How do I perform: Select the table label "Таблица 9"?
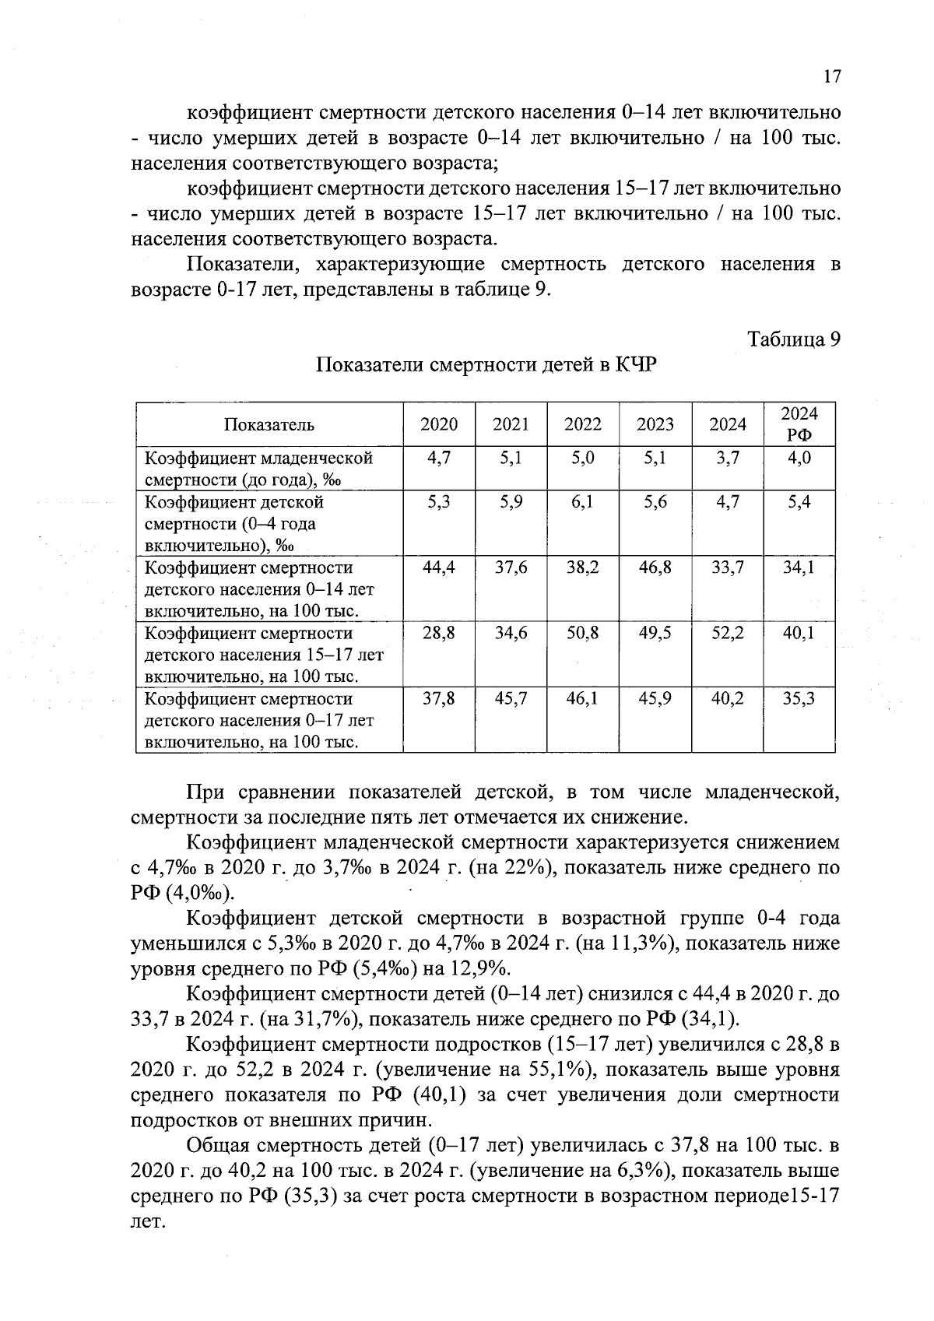point(794,339)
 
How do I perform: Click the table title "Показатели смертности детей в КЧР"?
point(486,365)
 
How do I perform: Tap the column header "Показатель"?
point(269,424)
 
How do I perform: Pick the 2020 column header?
point(439,424)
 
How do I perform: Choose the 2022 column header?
point(583,424)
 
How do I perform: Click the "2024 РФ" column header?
point(799,424)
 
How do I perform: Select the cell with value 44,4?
point(439,568)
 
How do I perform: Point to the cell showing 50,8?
point(583,634)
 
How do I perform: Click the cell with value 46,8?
point(655,568)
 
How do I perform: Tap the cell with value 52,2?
point(728,634)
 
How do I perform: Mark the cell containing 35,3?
point(799,699)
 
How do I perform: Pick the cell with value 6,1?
point(583,502)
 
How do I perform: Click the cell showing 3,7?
point(728,458)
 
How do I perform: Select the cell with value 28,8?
point(439,634)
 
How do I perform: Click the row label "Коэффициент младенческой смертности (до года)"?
point(260,468)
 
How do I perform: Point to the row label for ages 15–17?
point(264,655)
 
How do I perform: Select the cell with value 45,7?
point(511,699)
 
